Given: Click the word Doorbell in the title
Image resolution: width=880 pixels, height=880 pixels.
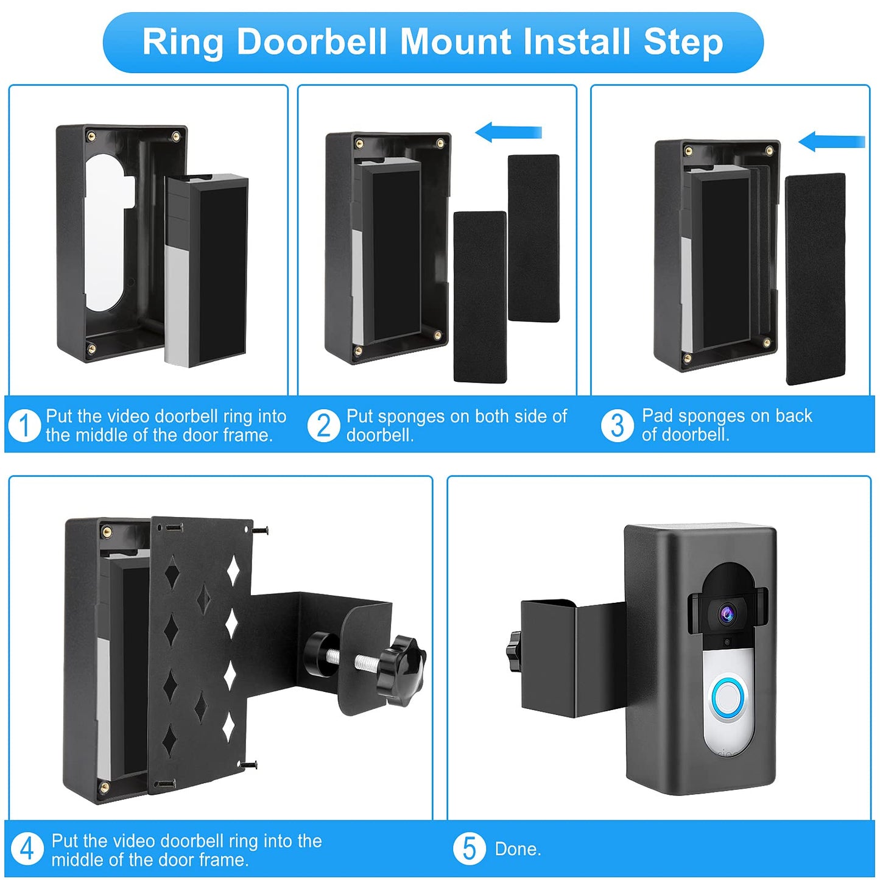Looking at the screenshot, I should point(311,42).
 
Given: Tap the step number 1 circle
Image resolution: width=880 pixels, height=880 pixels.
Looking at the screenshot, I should point(25,425).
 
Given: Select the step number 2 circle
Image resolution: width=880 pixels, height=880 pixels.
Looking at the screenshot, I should point(324,425).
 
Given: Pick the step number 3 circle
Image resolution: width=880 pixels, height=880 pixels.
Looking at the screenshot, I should point(618,425).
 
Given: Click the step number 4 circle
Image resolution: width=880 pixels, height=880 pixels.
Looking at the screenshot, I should point(27,848).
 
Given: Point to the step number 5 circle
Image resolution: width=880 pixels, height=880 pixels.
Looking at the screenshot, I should point(470,848).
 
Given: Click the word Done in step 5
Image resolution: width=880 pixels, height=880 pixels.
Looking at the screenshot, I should point(517,849).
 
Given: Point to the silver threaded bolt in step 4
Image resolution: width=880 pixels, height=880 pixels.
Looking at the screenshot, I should point(356,658).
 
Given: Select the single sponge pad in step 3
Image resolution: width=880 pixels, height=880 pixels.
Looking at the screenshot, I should point(815,278).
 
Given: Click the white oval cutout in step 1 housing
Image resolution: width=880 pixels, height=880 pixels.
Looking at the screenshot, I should point(105,231).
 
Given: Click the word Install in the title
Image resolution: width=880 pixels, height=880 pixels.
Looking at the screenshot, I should point(576,42).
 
